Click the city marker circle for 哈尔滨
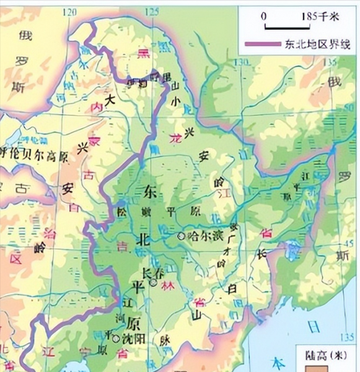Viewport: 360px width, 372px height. (181, 236)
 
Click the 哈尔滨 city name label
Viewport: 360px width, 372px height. (201, 236)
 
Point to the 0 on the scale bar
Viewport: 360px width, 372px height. (264, 16)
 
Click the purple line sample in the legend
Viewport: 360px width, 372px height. (263, 43)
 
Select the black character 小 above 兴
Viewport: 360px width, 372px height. (176, 99)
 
